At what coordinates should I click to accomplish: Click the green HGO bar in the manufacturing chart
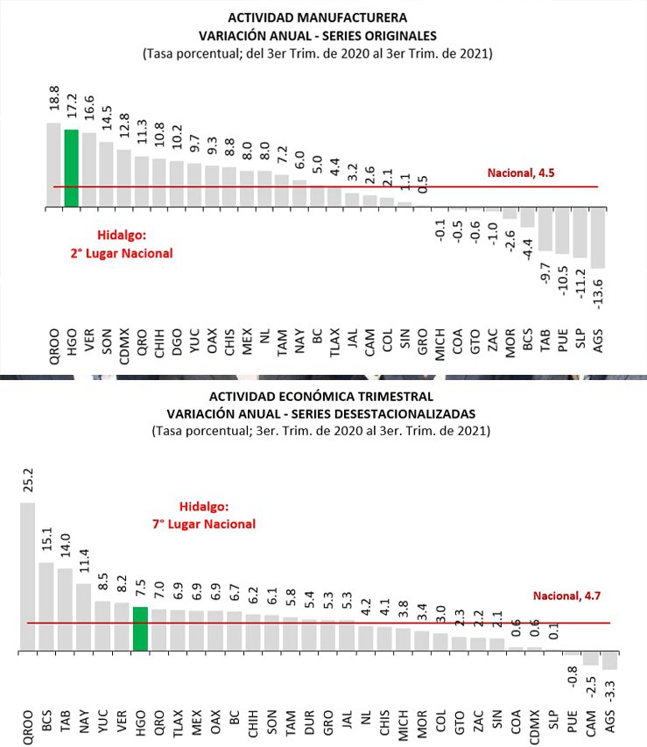pos(71,168)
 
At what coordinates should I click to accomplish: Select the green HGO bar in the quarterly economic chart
pos(140,629)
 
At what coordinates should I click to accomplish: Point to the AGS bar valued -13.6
pos(598,238)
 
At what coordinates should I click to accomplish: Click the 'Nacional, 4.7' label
pos(566,596)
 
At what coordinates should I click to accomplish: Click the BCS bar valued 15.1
pos(46,607)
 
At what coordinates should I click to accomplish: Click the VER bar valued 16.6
pos(88,170)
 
